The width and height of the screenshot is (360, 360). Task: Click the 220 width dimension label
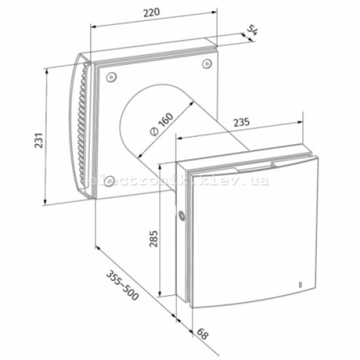152,12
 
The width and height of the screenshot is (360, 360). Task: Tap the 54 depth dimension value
252,30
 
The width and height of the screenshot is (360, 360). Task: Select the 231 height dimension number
39,140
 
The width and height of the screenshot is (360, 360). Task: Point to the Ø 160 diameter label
162,124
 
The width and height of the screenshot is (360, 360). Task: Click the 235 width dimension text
242,122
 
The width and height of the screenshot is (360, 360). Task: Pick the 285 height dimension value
154,238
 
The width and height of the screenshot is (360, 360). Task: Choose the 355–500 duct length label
122,285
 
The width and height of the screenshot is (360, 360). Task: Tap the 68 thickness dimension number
202,334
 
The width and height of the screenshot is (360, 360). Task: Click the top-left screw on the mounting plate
111,77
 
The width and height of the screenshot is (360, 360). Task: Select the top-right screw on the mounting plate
207,63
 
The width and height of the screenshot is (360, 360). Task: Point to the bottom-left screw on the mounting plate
109,181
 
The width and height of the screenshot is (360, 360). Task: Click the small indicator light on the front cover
300,284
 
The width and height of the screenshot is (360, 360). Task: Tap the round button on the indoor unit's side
181,215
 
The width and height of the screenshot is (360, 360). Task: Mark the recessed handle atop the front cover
255,167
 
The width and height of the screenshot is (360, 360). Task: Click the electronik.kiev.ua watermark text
179,181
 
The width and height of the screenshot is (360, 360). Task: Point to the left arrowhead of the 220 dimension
94,27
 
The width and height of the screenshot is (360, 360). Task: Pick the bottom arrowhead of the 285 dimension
160,293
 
